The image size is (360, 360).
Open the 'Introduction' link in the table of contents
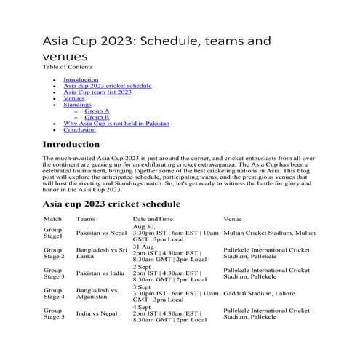[80, 79]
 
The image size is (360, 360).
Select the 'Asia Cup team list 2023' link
[97, 92]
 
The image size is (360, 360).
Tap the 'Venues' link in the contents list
[73, 98]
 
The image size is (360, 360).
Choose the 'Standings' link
[76, 105]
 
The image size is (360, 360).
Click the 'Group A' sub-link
[97, 111]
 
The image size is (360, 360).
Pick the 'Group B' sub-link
[97, 117]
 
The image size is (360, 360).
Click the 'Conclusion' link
[79, 130]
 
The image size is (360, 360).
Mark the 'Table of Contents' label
[68, 67]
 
